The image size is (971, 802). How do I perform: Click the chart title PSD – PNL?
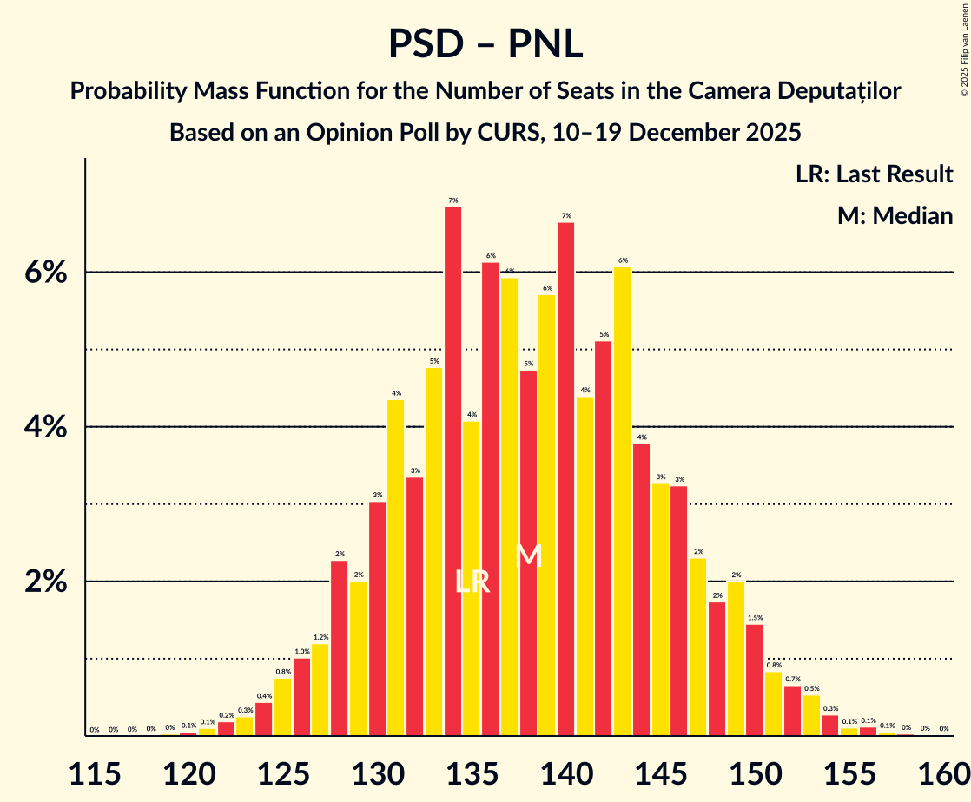coord(485,43)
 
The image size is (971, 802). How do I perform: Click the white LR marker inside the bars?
coord(472,582)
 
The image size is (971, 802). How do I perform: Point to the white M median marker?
coord(529,556)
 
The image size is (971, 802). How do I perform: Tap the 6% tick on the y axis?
coord(46,273)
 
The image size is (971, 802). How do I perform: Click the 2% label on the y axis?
coord(46,582)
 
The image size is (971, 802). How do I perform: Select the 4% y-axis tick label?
coord(46,427)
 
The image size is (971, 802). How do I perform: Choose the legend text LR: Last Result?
coord(874,174)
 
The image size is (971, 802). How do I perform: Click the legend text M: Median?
coord(895,215)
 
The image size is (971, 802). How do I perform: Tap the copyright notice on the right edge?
coord(963,61)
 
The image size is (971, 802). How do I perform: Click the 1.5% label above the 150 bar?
coord(755,618)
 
